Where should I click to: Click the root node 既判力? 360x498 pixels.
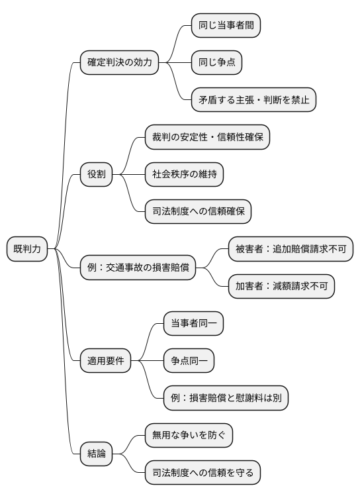(x=27, y=249)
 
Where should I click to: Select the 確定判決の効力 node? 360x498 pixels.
(x=119, y=63)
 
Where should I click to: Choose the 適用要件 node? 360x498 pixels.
(x=105, y=361)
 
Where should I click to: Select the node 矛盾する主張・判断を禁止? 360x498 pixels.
(x=254, y=100)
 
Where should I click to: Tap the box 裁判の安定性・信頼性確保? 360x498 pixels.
(x=208, y=138)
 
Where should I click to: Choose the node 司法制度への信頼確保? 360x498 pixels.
(x=198, y=212)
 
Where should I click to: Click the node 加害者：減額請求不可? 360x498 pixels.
(x=281, y=286)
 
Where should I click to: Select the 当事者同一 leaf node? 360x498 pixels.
(x=193, y=324)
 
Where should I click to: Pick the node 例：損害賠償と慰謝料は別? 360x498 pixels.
(x=226, y=398)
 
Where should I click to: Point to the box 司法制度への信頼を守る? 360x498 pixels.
(x=203, y=473)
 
